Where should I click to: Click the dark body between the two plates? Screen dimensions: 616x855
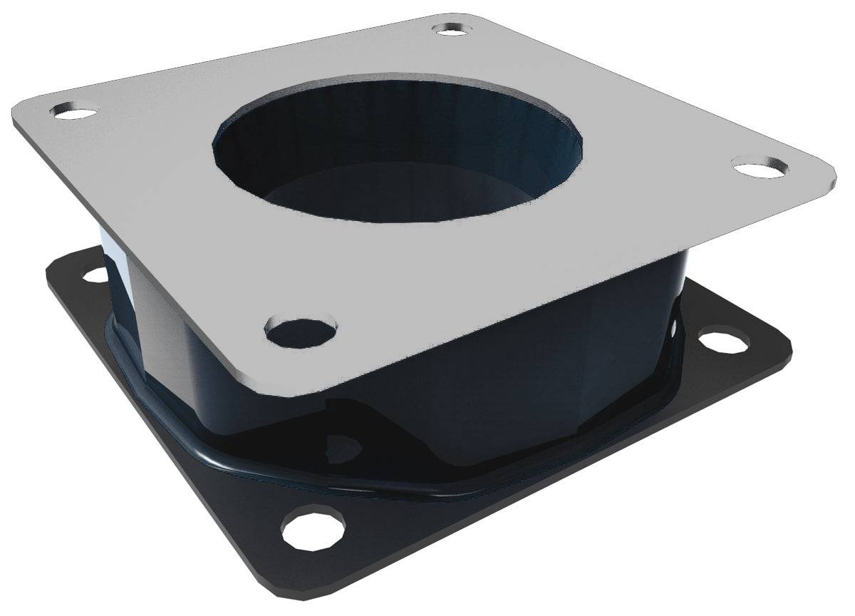tap(499, 371)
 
